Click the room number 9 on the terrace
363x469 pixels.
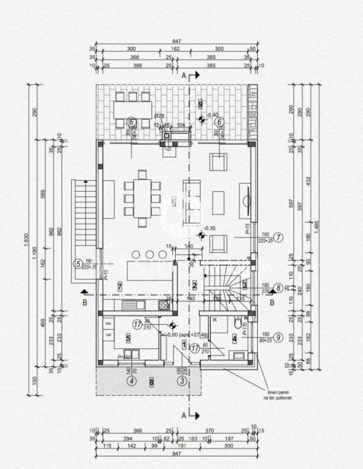(x=201, y=103)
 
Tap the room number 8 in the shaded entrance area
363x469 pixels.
(x=152, y=382)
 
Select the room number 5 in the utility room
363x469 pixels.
(x=128, y=337)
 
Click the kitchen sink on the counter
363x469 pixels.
(x=134, y=305)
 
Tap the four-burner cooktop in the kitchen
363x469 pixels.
(x=164, y=305)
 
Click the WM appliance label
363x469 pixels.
(x=108, y=323)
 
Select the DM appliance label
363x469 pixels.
(x=108, y=335)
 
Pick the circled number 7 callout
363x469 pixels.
(x=279, y=238)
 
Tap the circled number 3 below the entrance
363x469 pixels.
(x=182, y=382)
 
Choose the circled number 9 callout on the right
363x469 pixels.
(x=278, y=336)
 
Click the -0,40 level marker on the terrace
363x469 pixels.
(x=213, y=115)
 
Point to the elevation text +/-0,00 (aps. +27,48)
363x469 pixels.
(x=187, y=335)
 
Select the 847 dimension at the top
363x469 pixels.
(x=177, y=42)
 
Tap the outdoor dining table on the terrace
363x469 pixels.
(x=132, y=110)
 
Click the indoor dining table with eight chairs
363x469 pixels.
(x=142, y=198)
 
